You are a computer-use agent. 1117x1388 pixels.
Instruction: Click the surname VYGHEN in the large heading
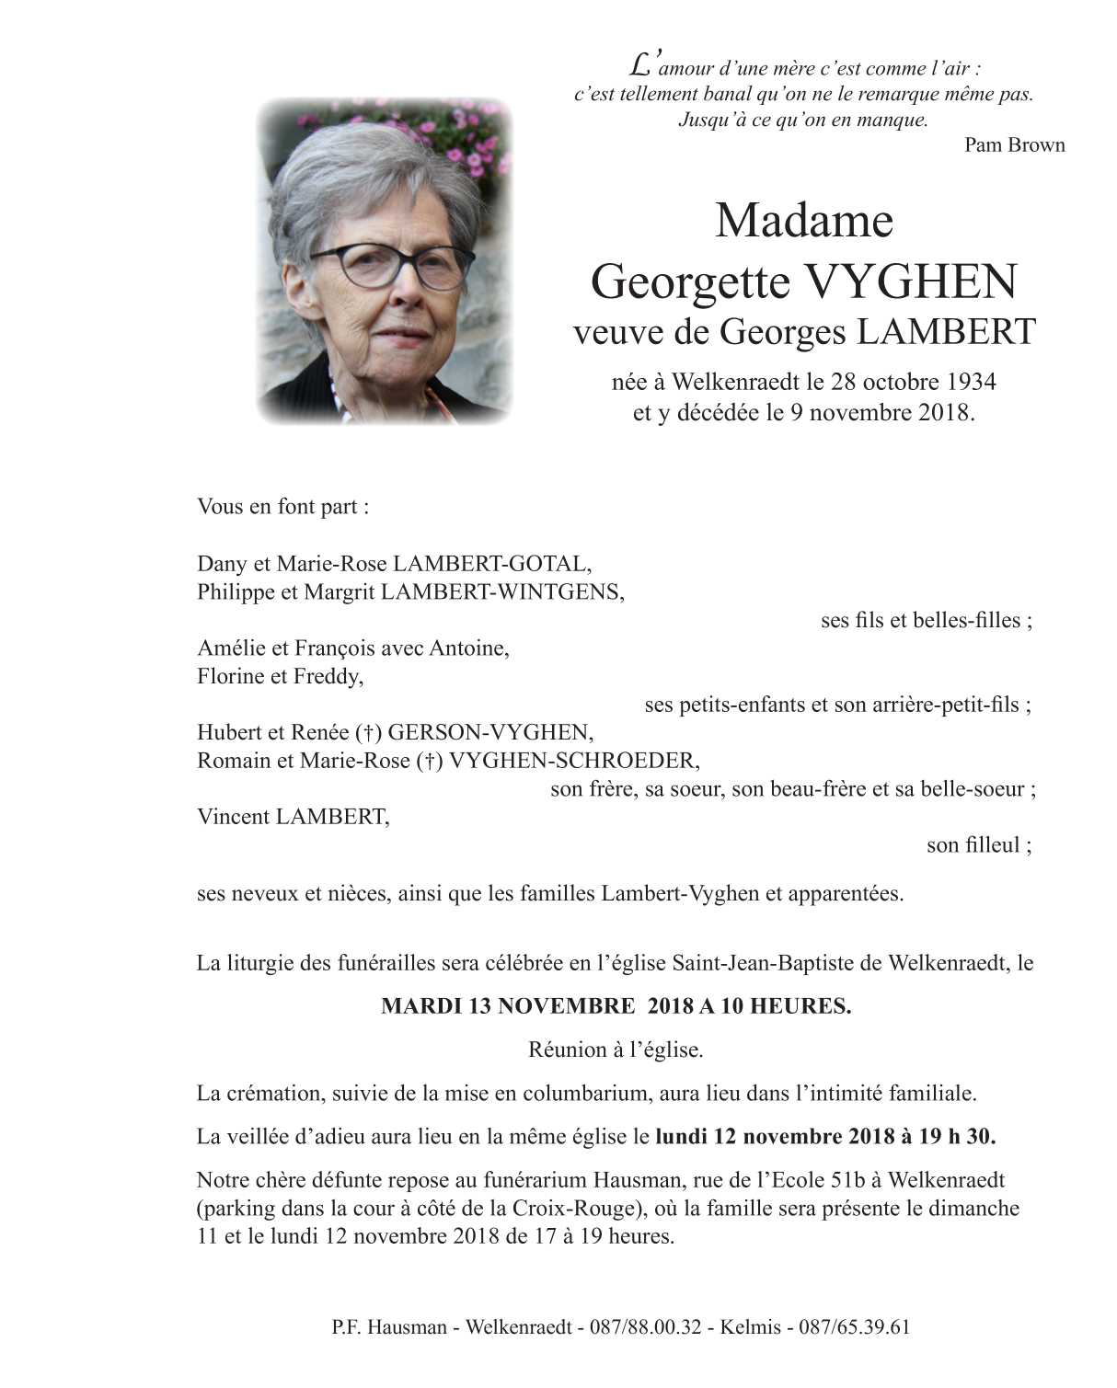tap(910, 281)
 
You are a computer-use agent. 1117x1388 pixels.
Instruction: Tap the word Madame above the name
tap(804, 220)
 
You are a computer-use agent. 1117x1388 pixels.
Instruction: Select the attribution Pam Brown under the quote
tap(1014, 144)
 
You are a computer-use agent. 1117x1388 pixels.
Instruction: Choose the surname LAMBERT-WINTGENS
tap(501, 592)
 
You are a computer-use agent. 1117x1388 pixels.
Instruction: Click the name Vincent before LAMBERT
tap(233, 817)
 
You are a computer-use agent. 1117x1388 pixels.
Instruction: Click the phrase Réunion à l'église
tap(616, 1050)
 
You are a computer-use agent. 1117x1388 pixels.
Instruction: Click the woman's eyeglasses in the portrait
tap(392, 263)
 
